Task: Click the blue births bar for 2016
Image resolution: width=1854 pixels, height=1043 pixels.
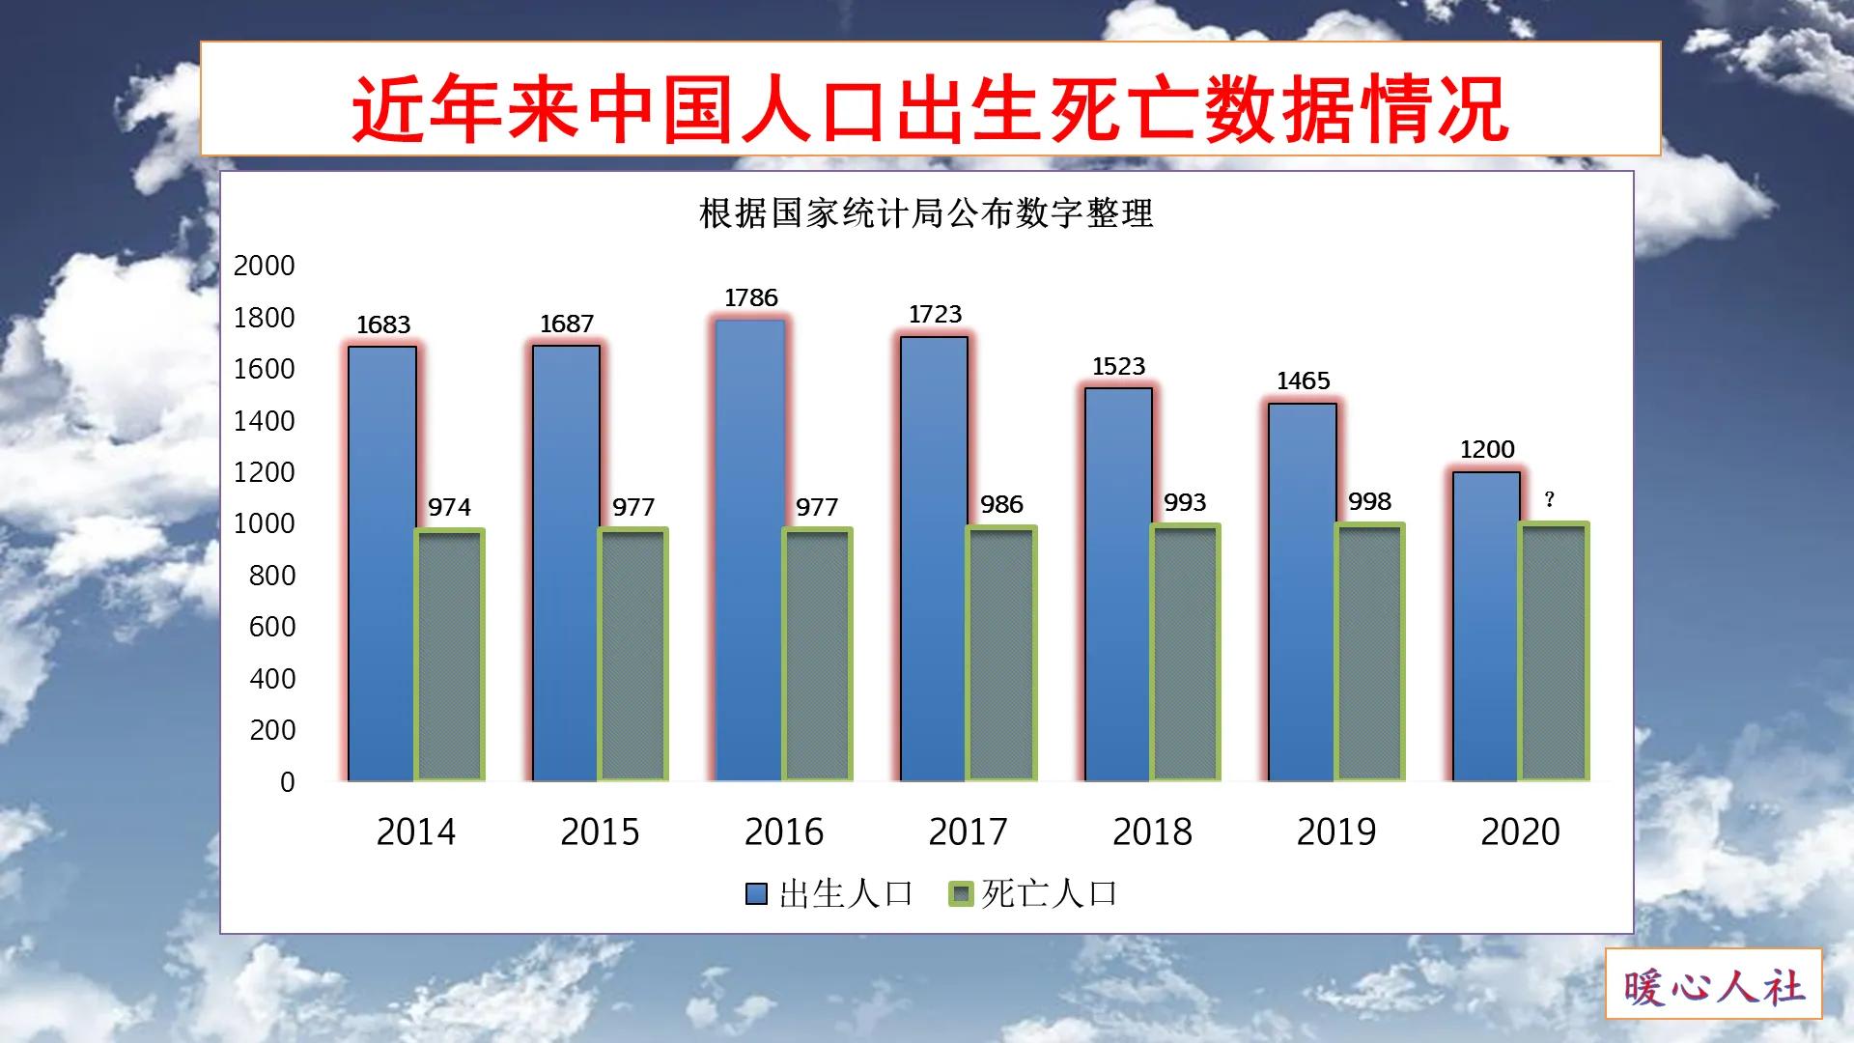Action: pos(750,550)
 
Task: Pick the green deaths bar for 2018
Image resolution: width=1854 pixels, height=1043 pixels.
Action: pos(1185,653)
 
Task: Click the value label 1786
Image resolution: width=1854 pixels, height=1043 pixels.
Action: pos(751,297)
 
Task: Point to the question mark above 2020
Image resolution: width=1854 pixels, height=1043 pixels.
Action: pos(1550,499)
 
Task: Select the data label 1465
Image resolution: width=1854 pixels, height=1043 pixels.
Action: pos(1303,381)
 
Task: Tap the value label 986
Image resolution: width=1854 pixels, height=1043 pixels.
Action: pos(1001,504)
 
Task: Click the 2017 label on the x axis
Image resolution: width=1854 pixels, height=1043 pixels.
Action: pos(968,832)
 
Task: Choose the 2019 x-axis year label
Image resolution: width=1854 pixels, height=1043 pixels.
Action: pos(1335,832)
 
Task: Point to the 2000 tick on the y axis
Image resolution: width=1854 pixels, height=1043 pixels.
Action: pos(264,266)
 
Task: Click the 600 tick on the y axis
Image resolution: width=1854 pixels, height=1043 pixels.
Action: pos(272,627)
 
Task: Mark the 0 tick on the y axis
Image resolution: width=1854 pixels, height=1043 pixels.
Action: pos(287,782)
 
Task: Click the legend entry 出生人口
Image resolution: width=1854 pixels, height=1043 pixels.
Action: pos(830,893)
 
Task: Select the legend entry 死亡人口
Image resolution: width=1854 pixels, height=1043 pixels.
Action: pos(1034,893)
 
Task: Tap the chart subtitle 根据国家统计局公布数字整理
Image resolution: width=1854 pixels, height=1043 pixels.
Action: pos(926,213)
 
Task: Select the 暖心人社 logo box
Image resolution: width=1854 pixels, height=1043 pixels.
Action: pos(1713,984)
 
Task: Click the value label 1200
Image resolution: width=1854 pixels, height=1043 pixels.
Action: pos(1487,449)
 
